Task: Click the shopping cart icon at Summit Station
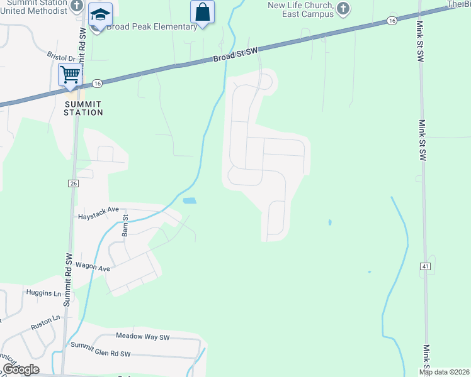click(x=71, y=75)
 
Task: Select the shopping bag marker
click(x=202, y=12)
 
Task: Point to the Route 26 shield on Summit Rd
click(x=73, y=183)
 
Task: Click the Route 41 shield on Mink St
click(x=426, y=267)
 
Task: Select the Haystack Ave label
click(x=98, y=216)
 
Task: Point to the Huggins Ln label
click(x=43, y=293)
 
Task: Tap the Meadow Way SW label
click(x=143, y=337)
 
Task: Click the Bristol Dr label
click(x=61, y=57)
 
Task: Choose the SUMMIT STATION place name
click(x=83, y=108)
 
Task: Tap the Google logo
click(x=21, y=369)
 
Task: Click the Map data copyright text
click(x=445, y=372)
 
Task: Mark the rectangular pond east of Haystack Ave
click(x=189, y=201)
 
